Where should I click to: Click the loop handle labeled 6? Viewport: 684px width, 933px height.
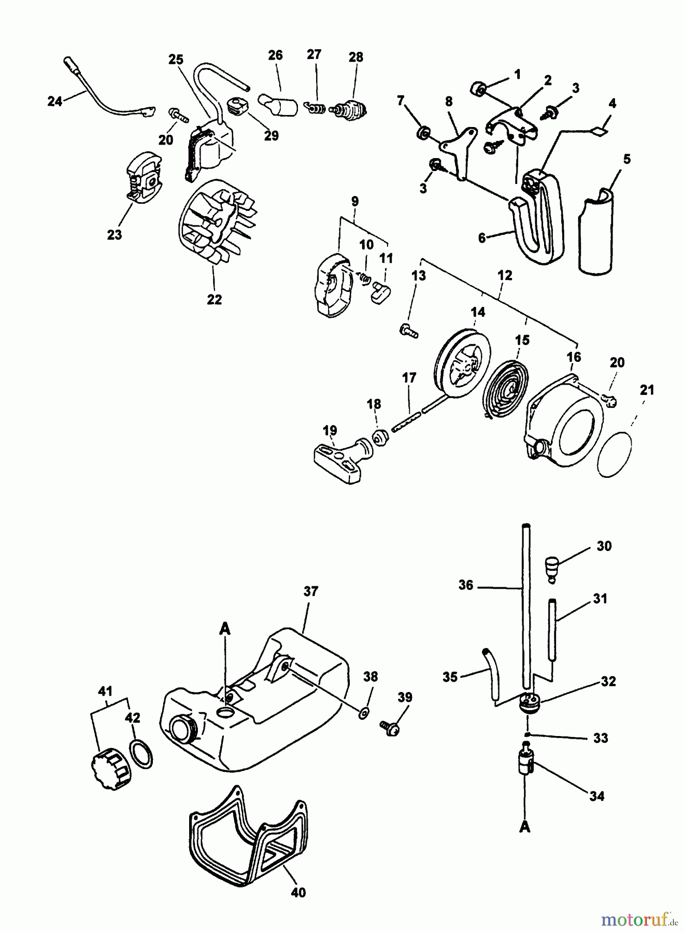(539, 228)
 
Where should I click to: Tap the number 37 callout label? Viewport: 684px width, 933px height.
(310, 591)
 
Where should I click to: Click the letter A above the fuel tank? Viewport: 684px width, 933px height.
(224, 628)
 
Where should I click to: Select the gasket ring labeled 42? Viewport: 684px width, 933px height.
(140, 754)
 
